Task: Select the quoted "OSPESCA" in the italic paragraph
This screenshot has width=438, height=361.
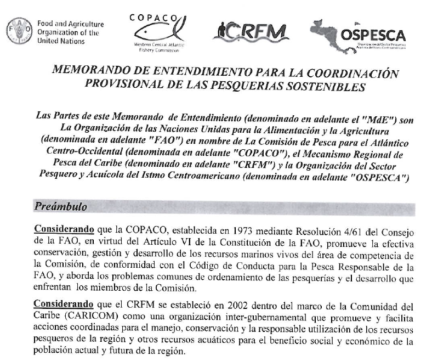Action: [x=380, y=177]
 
